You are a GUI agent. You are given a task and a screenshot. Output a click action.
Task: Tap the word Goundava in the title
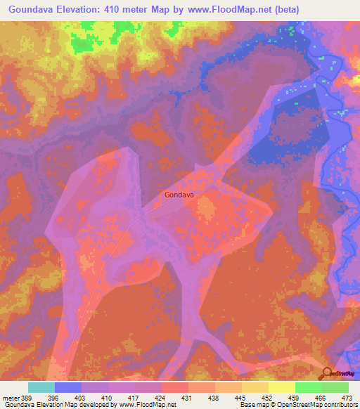click(x=34, y=10)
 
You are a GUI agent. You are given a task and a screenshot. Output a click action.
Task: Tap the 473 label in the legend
click(x=347, y=398)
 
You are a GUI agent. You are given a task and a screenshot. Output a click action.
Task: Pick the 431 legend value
click(x=188, y=398)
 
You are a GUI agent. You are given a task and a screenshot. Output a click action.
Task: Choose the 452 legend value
click(x=268, y=398)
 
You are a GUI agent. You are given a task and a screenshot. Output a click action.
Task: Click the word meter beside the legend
click(x=11, y=398)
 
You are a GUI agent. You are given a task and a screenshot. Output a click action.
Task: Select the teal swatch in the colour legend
click(x=41, y=387)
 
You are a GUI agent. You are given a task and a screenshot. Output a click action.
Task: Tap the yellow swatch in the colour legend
click(x=282, y=387)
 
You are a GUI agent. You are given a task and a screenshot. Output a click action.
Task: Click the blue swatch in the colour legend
click(x=68, y=387)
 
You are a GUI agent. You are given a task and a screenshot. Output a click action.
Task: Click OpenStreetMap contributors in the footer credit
click(x=314, y=405)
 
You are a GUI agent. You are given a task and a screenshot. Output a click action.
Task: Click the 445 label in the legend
click(x=241, y=398)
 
